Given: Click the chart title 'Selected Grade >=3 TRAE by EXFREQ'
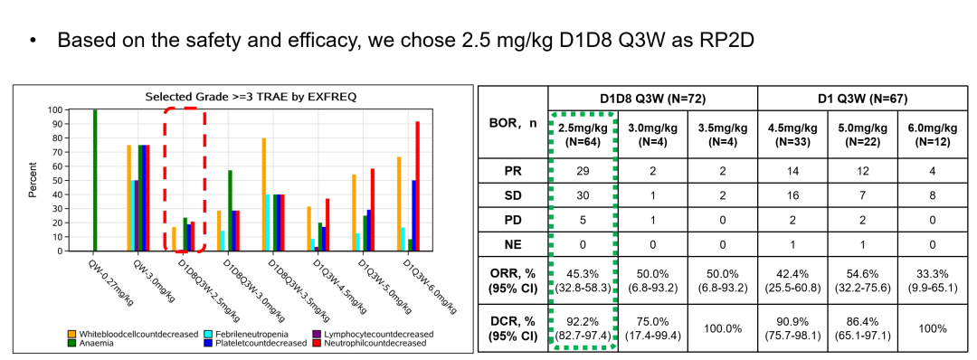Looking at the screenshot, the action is (251, 97).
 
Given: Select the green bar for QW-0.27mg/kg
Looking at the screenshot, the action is (95, 181).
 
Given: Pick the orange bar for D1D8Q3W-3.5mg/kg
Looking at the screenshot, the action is (264, 194).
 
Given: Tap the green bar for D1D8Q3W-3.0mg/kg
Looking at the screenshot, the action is (230, 211).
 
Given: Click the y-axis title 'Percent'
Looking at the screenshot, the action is (33, 181).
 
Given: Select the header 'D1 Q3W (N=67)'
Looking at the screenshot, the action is (862, 99).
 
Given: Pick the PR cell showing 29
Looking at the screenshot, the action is (583, 173).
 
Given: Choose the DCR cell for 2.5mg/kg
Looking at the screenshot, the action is (583, 328).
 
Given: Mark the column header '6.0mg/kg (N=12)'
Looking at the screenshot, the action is (932, 134).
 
